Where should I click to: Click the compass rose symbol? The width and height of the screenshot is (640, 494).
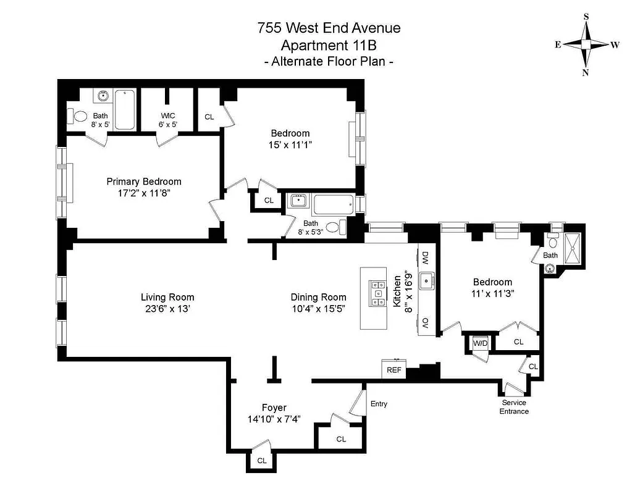[586, 44]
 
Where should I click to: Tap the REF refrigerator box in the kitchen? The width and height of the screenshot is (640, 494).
[394, 370]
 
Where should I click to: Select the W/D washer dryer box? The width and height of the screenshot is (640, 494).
[480, 343]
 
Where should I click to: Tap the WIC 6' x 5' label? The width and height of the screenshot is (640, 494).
[169, 119]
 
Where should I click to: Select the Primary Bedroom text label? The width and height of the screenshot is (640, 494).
[144, 182]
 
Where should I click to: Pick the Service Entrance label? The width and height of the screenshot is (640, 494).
[514, 407]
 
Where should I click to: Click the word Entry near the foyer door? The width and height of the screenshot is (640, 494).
[379, 404]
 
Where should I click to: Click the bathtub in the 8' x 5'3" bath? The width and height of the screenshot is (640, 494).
[333, 204]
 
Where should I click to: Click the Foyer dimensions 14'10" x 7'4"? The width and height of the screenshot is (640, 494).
[274, 419]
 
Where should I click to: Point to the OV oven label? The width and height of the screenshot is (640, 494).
[425, 322]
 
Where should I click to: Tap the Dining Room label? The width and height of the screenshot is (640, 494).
[318, 297]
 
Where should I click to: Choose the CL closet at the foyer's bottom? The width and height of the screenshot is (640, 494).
[262, 461]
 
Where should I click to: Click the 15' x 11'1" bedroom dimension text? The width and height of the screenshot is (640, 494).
[290, 144]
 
